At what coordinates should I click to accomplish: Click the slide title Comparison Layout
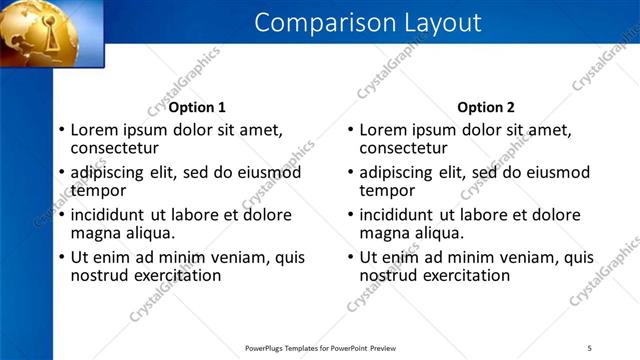pos(367,22)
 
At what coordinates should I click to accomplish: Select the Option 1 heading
pos(197,107)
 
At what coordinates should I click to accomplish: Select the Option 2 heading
pos(487,107)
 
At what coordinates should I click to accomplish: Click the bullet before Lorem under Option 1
pos(61,130)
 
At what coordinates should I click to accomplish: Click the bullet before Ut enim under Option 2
pos(351,258)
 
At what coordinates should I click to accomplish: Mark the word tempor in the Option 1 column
pos(98,190)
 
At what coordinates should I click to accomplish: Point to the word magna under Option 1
pos(97,233)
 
